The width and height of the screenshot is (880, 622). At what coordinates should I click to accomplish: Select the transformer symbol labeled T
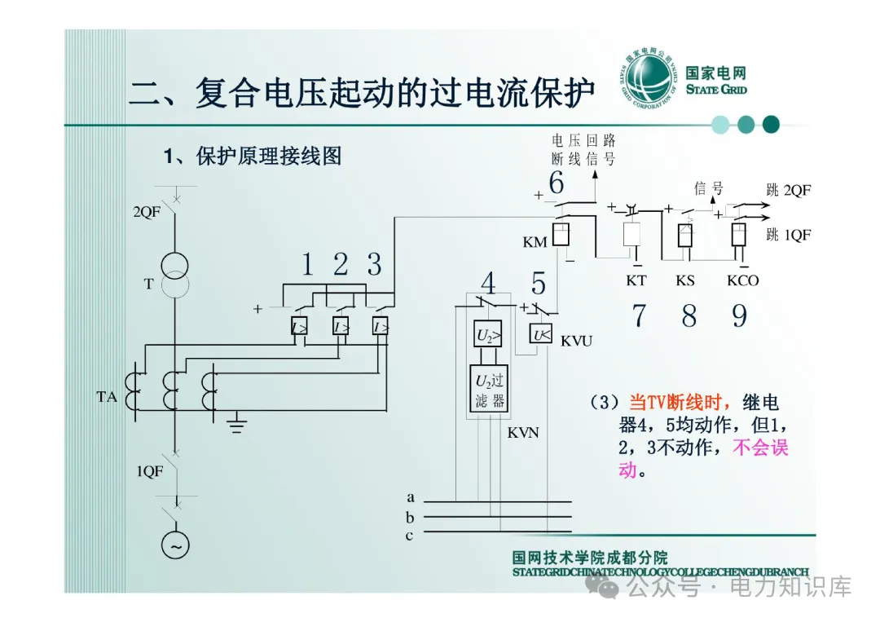point(174,275)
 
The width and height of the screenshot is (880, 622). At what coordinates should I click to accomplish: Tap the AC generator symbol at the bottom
point(174,544)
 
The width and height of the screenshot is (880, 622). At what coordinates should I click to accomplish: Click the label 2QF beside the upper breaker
point(147,212)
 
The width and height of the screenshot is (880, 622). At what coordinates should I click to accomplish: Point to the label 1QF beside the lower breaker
point(149,471)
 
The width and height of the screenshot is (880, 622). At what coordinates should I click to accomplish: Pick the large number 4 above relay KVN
point(488,284)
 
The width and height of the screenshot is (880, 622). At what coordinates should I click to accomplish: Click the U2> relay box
point(487,334)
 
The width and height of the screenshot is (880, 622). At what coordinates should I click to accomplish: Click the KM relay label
point(535,243)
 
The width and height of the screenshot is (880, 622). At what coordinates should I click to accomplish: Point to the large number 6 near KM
point(556,184)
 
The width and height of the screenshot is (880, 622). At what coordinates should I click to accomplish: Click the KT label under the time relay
point(636,280)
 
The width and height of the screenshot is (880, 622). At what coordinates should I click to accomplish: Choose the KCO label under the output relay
point(742,280)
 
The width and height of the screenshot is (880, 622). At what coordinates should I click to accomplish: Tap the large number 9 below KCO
point(739,315)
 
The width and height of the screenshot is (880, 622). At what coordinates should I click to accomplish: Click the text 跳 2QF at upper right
point(788,191)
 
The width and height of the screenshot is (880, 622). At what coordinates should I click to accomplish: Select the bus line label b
point(411,517)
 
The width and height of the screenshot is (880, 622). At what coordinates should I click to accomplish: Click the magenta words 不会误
point(761,448)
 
